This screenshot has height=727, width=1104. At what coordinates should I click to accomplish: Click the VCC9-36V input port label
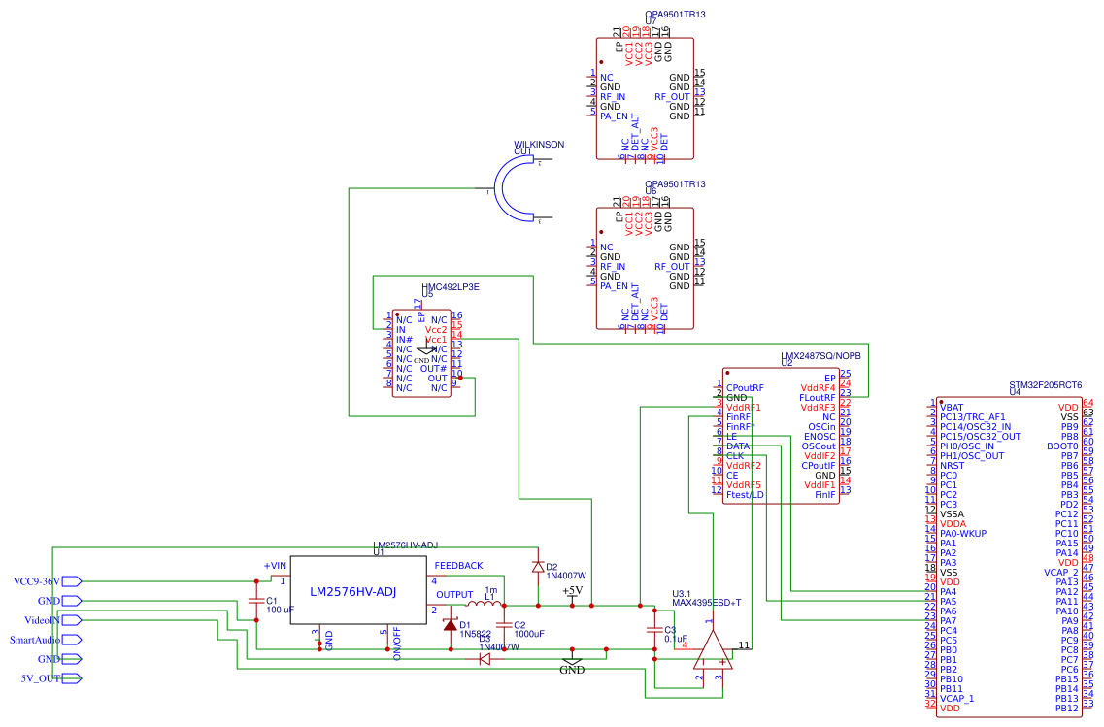(36, 581)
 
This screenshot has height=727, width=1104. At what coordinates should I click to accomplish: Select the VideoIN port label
(42, 620)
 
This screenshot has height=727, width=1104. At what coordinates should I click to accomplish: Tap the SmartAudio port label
(35, 640)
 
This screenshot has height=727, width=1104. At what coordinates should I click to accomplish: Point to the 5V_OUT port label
(41, 678)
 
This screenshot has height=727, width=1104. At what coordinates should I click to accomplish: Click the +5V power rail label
(572, 590)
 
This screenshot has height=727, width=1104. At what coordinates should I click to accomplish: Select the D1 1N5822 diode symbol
(450, 625)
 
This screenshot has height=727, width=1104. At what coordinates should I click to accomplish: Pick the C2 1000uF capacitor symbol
(503, 624)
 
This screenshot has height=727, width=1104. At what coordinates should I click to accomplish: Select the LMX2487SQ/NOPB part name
(820, 356)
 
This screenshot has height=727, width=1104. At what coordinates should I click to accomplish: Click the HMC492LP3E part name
(451, 287)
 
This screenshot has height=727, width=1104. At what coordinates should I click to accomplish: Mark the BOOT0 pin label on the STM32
(1062, 446)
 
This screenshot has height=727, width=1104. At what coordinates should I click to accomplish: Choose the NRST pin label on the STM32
(953, 465)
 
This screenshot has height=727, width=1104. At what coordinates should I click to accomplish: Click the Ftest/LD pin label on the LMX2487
(745, 494)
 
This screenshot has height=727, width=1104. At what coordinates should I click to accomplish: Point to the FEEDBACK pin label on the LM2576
(458, 565)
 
